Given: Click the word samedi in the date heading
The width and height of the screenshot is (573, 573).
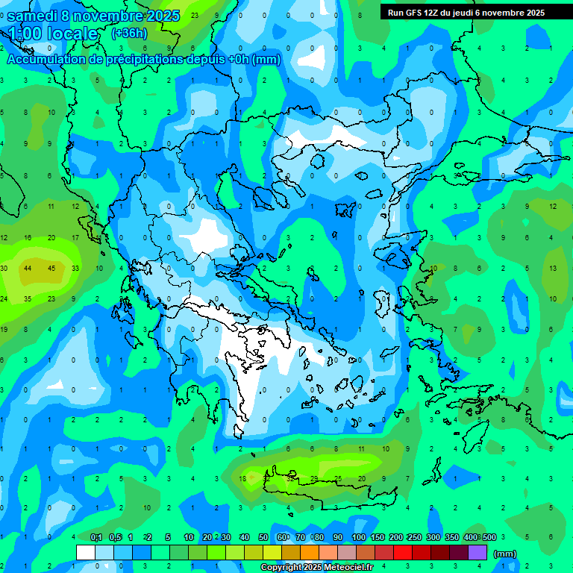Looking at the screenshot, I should pos(34,16).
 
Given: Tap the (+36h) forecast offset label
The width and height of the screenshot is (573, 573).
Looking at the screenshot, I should pos(129,34).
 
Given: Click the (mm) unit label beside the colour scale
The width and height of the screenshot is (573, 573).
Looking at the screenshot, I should pos(505,554).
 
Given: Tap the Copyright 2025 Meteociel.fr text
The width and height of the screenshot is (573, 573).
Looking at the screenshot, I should pos(317,568).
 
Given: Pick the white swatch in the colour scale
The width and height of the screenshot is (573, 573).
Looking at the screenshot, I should pos(86,553).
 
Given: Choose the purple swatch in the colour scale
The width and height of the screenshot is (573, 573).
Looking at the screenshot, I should pos(477,553).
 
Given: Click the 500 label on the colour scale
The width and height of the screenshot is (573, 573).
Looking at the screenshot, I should pos(489,537).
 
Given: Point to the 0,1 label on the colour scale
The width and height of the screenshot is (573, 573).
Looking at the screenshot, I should pos(96,537).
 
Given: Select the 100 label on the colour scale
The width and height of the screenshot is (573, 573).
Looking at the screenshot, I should pos(358,537).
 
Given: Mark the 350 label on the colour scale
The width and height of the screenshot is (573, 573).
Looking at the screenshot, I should pos(451,537).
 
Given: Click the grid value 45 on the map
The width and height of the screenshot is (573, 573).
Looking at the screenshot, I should pos(51,268).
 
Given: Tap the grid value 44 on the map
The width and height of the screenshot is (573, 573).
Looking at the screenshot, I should pos(28,268).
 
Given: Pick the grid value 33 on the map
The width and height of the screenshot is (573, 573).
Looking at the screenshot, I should pos(75,268).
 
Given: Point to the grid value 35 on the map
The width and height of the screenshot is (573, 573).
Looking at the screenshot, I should pos(28,298).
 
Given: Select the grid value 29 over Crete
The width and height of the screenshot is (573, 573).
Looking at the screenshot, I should pos(314,478).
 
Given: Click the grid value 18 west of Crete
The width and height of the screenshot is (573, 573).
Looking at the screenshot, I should pos(242,478).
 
